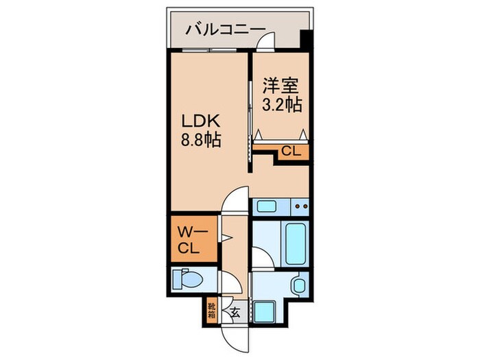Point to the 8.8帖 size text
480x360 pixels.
[201, 141]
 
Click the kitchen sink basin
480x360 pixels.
[266, 206]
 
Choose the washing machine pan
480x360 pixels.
[264, 309]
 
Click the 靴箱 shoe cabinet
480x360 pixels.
[212, 311]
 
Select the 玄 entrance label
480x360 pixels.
[235, 314]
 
